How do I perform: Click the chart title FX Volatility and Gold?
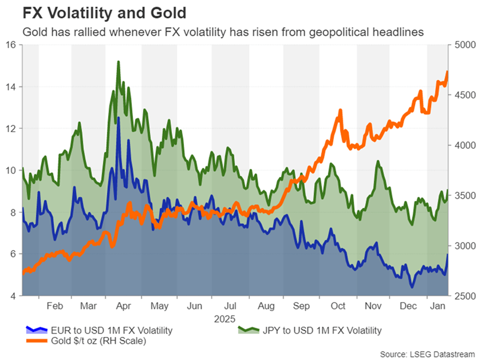click(96, 11)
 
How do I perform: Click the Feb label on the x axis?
click(55, 306)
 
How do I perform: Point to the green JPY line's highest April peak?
click(118, 61)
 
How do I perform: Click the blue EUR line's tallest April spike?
click(119, 117)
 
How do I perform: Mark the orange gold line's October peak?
click(341, 110)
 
